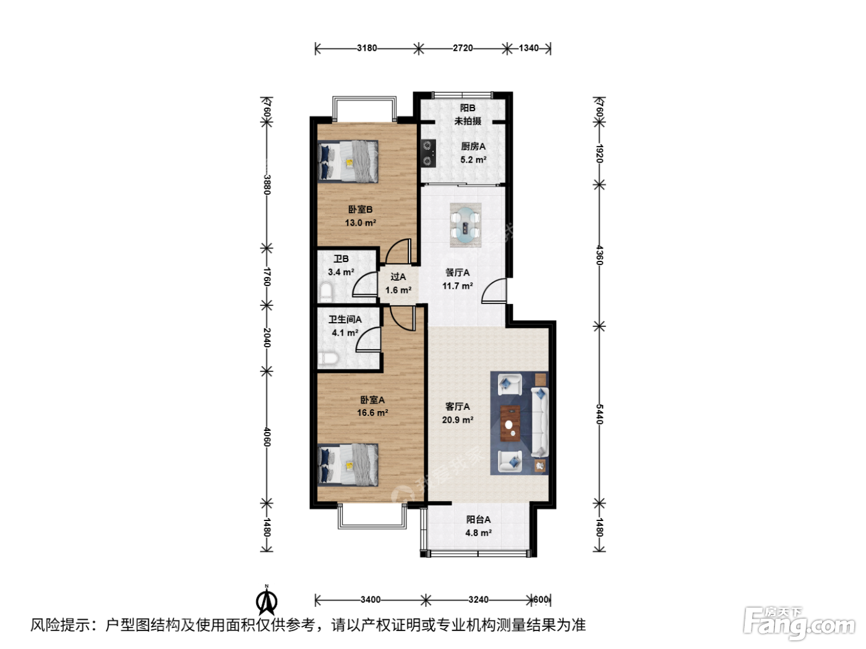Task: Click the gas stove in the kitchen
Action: click(429, 153)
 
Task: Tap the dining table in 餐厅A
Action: click(466, 226)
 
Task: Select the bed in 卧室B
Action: click(348, 161)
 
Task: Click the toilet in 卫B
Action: click(326, 292)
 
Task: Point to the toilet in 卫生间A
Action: click(328, 358)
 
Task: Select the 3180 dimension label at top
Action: click(367, 48)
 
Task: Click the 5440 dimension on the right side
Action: click(599, 414)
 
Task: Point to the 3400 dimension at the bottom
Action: click(371, 600)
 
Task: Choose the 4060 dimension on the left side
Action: click(267, 437)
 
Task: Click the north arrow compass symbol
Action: click(267, 600)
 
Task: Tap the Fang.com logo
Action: click(799, 623)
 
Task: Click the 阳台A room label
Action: click(479, 519)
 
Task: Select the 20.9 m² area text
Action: click(458, 420)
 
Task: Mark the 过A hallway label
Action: click(398, 277)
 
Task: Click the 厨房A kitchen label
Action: click(473, 146)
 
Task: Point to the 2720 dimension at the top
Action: click(463, 48)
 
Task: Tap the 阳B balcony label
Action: click(468, 108)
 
